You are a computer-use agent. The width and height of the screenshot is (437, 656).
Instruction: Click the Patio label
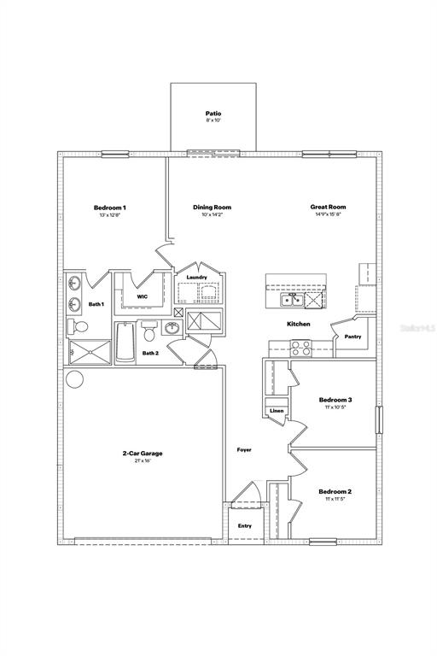(x=213, y=113)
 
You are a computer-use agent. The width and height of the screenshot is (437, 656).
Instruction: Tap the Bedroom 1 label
(x=110, y=208)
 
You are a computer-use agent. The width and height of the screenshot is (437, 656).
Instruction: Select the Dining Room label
(x=212, y=208)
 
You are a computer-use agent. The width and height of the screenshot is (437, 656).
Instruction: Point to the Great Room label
(x=328, y=208)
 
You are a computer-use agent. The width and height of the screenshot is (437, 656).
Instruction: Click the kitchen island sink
(x=291, y=300)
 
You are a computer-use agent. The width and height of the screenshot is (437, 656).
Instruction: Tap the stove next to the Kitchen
(x=301, y=348)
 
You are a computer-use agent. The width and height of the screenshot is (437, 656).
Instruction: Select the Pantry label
(x=353, y=337)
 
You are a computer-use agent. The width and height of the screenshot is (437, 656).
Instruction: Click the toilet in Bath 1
(x=79, y=327)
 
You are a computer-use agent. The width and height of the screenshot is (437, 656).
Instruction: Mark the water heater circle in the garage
(x=74, y=380)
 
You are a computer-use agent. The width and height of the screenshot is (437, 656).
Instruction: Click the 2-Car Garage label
(x=142, y=454)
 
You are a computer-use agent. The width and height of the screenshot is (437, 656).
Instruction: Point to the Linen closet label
(x=277, y=411)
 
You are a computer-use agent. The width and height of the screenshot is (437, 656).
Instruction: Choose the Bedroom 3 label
(x=335, y=400)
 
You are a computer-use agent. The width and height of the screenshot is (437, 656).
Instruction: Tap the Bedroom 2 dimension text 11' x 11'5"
(x=335, y=499)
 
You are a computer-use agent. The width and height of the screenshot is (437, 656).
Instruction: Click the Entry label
(x=245, y=526)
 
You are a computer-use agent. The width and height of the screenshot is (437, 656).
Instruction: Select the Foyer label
(x=244, y=449)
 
